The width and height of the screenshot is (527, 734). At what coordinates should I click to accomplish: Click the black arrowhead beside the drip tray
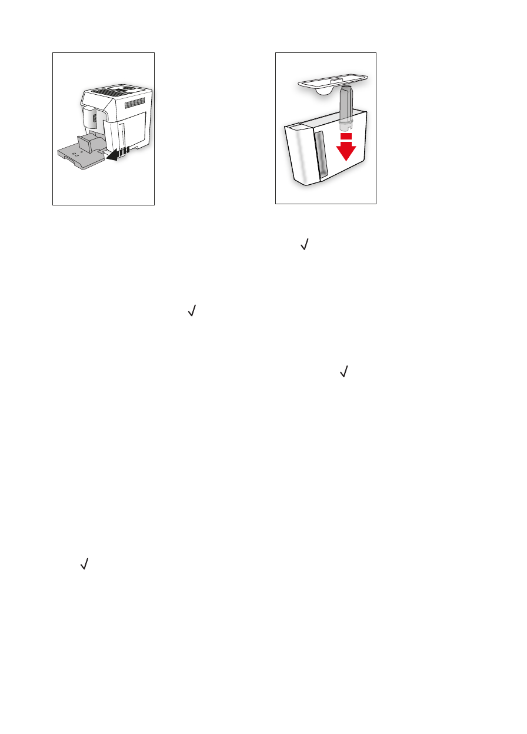(111, 157)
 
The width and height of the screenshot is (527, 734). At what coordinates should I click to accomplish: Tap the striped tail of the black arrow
(124, 153)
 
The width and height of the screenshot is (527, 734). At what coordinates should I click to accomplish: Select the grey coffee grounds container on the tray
(89, 143)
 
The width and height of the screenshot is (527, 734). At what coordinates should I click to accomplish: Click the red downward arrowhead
(346, 152)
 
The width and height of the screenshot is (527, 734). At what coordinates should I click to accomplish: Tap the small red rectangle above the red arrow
(346, 137)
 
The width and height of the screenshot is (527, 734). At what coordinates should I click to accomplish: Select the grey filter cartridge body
(345, 105)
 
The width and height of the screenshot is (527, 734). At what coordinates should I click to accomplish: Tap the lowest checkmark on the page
(84, 564)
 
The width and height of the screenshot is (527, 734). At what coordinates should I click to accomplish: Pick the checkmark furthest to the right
(344, 371)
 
